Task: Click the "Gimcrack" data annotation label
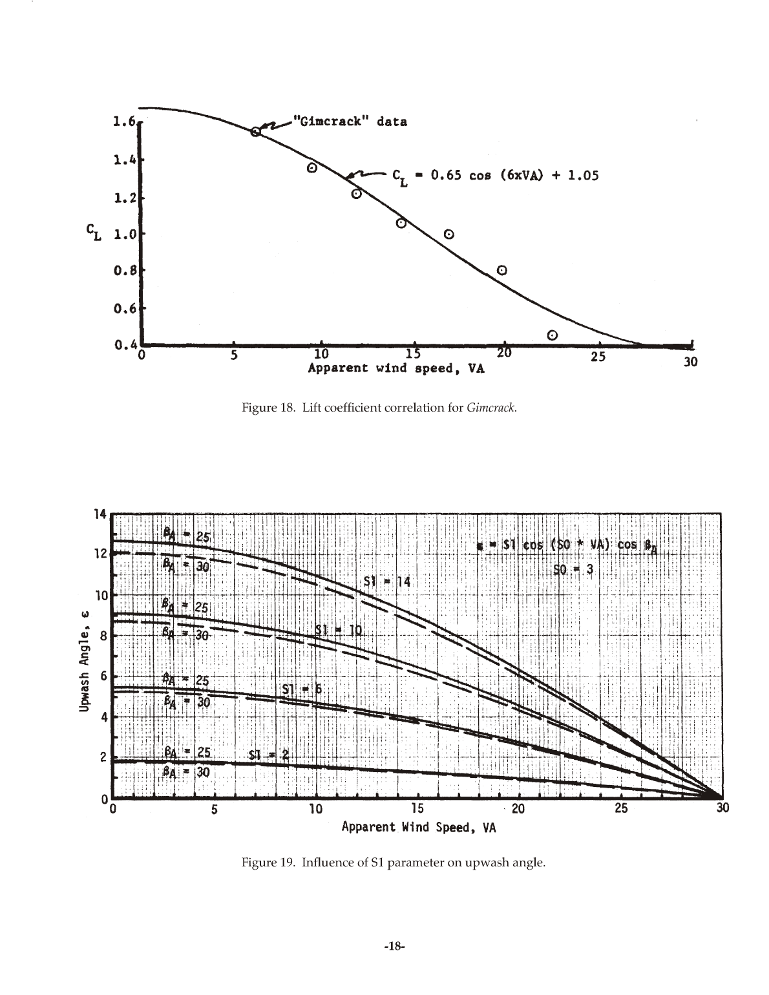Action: (x=350, y=121)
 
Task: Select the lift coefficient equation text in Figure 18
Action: (x=495, y=175)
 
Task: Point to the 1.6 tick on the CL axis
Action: (x=123, y=121)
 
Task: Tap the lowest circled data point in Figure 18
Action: (x=553, y=335)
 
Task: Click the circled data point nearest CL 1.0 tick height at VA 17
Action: (x=449, y=234)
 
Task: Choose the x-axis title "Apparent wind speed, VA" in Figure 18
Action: (x=396, y=368)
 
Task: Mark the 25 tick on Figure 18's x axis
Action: (x=598, y=356)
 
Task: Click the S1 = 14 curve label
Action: (x=386, y=581)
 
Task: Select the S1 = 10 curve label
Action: (x=339, y=630)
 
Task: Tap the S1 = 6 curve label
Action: (x=302, y=689)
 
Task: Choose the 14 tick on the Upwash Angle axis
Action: (x=99, y=514)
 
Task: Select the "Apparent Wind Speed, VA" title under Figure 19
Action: (x=419, y=827)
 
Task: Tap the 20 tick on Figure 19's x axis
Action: (x=518, y=808)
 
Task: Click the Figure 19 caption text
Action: (x=394, y=863)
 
